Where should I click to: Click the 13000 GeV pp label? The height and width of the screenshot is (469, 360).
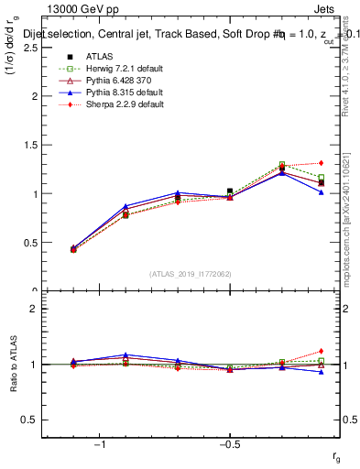tap(82, 10)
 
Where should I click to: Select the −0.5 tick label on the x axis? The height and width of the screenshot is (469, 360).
tap(229, 444)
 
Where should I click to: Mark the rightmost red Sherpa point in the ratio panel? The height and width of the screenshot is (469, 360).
tap(321, 351)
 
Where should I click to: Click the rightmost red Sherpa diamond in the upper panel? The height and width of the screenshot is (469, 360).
tap(321, 163)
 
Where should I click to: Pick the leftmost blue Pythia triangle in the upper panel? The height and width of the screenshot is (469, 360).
tap(73, 247)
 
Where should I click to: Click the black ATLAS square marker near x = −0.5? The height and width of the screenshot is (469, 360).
tap(230, 191)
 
